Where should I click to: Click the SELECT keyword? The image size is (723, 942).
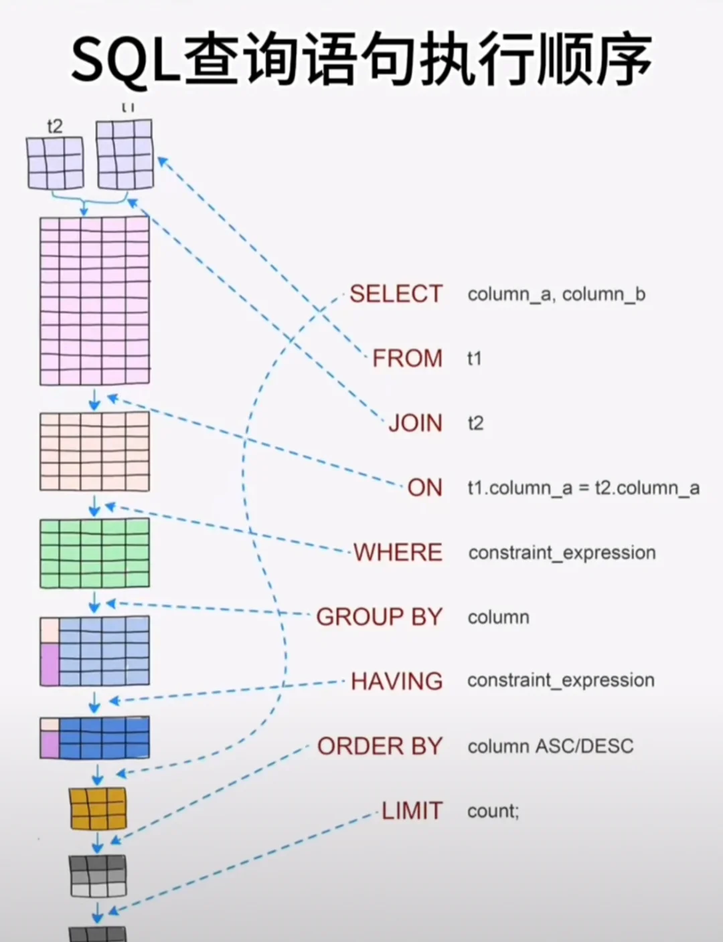[x=396, y=294]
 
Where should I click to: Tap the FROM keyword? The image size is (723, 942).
[x=407, y=358]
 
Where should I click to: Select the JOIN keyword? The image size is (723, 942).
[x=415, y=423]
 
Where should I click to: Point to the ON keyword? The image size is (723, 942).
[x=424, y=488]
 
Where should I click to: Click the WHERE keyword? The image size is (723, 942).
[x=398, y=553]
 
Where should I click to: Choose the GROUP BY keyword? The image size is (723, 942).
[x=379, y=617]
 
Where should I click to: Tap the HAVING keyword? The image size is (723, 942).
[x=396, y=681]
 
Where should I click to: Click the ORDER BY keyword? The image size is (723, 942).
[x=380, y=746]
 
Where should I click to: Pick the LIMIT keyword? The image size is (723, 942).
[x=412, y=811]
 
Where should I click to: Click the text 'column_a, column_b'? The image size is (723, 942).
[x=556, y=294]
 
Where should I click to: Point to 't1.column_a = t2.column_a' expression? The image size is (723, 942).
[x=583, y=488]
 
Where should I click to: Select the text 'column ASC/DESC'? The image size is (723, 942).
[x=550, y=746]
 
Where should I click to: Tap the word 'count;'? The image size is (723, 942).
[x=493, y=811]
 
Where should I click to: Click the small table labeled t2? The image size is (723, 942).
[x=56, y=163]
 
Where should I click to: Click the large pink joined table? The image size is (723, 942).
[x=94, y=300]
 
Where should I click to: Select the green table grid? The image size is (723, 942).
[x=94, y=553]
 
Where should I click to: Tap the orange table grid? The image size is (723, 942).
[x=98, y=808]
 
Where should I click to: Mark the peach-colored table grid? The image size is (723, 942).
[x=94, y=452]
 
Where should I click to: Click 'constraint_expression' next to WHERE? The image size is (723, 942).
[x=562, y=553]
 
